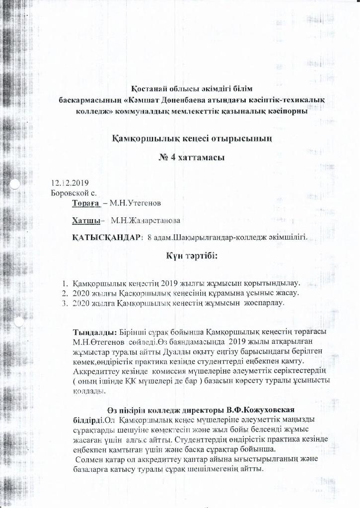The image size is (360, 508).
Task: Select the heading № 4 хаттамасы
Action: point(191,158)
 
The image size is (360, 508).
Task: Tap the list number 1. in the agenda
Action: point(65,283)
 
